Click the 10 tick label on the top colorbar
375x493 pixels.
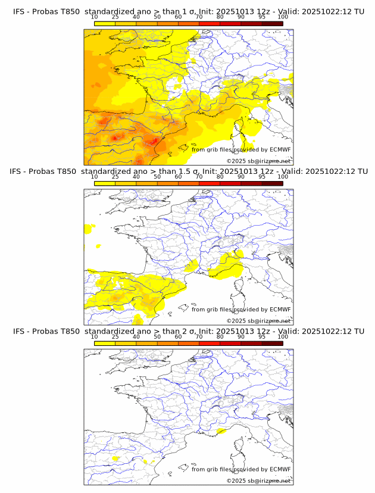95,17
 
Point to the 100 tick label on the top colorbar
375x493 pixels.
283,17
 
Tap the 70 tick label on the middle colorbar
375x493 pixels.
199,177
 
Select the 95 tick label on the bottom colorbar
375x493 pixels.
262,337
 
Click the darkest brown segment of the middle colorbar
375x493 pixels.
273,183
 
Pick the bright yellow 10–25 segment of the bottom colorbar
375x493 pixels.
105,344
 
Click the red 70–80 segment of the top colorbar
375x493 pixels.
210,23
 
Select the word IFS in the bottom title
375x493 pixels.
20,332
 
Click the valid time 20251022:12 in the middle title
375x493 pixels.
329,171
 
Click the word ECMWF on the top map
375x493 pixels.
280,149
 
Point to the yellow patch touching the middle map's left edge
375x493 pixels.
89,227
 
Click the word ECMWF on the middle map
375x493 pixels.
280,310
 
